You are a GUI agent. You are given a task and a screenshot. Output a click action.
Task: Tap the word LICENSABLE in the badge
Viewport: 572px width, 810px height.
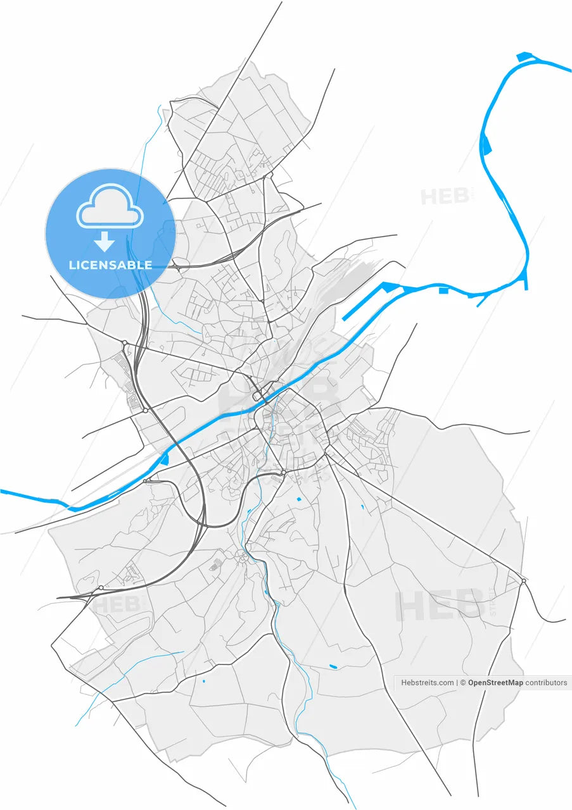tap(110, 265)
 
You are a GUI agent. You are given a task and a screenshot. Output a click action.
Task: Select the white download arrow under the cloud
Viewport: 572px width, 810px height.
tap(104, 242)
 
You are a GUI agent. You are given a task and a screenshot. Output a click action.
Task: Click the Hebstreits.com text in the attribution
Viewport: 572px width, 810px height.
tap(428, 683)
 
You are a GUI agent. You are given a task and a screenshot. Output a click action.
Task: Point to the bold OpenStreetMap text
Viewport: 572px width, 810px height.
tap(495, 683)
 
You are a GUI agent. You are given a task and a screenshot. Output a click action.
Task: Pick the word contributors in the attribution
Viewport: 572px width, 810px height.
tap(547, 683)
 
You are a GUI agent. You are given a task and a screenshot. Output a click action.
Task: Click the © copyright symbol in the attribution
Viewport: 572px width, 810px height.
tap(463, 683)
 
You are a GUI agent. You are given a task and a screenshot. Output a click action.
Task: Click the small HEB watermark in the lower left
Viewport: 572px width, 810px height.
tap(117, 604)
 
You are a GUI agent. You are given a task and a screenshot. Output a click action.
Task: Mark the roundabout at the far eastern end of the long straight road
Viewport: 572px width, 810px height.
tap(524, 581)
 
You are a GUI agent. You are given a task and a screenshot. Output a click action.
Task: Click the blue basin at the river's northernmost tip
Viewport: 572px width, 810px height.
tap(524, 58)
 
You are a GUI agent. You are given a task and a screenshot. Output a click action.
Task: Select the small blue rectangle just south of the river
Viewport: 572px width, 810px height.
tap(443, 290)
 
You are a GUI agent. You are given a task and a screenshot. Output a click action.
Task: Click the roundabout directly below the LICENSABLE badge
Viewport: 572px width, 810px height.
tap(125, 343)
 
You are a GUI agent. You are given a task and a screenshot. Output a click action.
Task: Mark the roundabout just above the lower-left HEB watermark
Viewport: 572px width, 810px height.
tap(101, 588)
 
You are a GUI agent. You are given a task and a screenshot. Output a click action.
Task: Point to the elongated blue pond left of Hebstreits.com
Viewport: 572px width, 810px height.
tap(333, 666)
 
